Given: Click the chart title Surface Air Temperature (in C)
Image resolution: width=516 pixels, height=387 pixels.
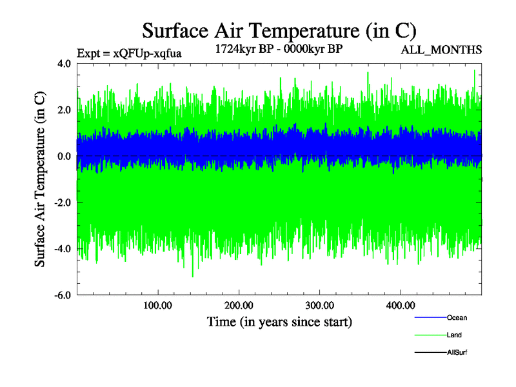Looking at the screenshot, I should (x=279, y=31).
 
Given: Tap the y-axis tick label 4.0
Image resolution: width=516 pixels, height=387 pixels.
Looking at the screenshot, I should (x=63, y=64).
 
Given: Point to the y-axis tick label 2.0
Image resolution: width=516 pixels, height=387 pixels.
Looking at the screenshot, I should (x=63, y=110).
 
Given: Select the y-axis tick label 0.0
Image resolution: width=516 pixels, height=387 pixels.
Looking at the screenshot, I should (x=63, y=157).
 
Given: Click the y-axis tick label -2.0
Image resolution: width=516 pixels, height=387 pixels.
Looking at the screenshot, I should (x=62, y=203).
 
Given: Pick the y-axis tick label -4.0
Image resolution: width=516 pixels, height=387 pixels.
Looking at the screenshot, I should (x=62, y=250).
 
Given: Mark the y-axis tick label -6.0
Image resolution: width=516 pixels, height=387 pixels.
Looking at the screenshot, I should (x=62, y=296).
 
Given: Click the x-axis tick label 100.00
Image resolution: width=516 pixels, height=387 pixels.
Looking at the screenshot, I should (x=158, y=305).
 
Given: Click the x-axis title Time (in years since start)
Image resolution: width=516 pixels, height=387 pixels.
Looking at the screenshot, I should (x=279, y=321).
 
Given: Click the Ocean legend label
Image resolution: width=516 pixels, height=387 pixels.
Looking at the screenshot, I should (x=457, y=318).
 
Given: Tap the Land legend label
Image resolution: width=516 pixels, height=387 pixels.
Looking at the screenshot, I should (x=454, y=335).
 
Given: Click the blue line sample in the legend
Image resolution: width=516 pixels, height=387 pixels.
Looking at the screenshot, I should (x=429, y=318).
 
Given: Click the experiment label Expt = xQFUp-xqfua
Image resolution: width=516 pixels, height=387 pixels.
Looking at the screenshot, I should (x=128, y=54).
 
